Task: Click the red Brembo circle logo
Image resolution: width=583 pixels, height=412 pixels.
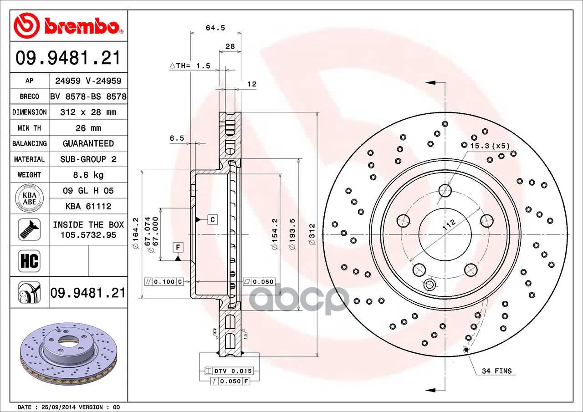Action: [26, 25]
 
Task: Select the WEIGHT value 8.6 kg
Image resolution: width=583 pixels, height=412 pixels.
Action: [88, 175]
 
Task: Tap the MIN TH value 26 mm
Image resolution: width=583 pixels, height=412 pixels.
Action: [88, 128]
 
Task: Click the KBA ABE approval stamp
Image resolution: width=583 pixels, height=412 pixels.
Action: [30, 198]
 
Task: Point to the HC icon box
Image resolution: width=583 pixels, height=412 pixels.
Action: [29, 261]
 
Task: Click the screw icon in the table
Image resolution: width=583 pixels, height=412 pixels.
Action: [30, 229]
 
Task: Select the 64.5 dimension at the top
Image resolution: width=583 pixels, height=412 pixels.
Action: [215, 28]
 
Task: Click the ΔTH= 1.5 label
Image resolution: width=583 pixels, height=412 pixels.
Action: [190, 66]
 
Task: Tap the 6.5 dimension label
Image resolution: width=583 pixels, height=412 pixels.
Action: [177, 138]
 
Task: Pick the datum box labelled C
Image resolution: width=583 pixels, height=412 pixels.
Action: [212, 219]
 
